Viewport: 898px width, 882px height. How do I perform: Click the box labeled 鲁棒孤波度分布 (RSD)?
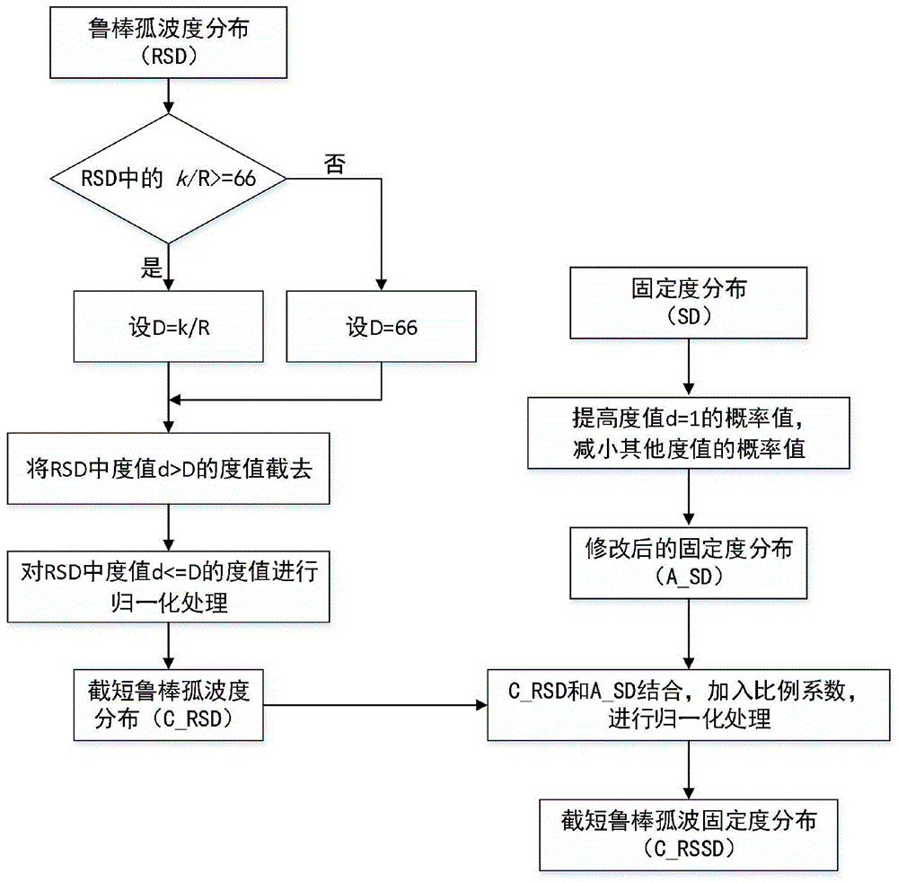coord(169,42)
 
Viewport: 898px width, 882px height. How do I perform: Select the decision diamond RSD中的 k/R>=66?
coord(169,179)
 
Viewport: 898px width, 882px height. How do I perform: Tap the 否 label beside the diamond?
coord(335,164)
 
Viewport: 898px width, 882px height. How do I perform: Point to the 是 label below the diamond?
coord(152,267)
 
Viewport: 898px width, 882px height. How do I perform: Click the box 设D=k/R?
coord(169,326)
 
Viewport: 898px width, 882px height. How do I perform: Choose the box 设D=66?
coord(382,326)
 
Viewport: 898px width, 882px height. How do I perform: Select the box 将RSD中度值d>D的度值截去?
coord(169,469)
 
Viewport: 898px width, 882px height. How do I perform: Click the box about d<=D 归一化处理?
coord(169,587)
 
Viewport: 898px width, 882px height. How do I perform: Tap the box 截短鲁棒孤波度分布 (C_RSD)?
coord(169,705)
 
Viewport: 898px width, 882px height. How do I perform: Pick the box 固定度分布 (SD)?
coord(689,303)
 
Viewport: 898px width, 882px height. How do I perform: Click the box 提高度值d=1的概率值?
coord(689,433)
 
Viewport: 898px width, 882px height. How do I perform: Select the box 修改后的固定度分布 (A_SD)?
coord(689,563)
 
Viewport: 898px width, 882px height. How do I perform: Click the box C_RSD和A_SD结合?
coord(689,705)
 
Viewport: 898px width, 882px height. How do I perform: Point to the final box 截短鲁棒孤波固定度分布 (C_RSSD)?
coord(689,835)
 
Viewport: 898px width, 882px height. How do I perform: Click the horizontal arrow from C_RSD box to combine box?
coord(375,705)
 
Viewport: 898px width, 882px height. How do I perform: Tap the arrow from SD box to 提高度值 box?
coord(689,367)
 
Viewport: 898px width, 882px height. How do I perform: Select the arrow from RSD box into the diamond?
coord(169,95)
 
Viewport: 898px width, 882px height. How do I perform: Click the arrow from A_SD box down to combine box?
coord(689,634)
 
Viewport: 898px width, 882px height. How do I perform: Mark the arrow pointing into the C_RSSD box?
coord(689,770)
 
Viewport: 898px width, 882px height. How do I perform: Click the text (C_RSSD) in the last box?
coord(689,848)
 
